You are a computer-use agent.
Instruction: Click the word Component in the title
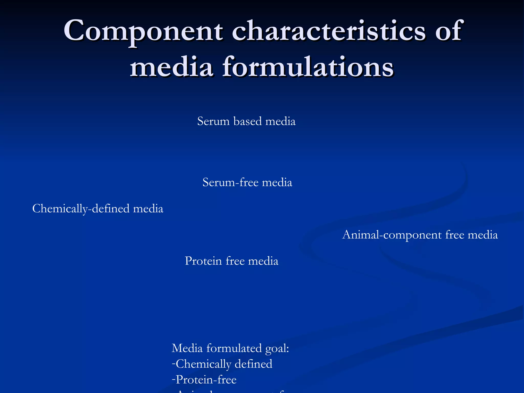(x=143, y=31)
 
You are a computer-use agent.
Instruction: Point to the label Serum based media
(x=246, y=121)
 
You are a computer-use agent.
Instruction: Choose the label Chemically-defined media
(x=98, y=209)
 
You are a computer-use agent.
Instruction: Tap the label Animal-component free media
(x=420, y=235)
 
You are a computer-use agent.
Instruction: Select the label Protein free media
(x=231, y=261)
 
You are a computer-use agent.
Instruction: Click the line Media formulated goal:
(x=230, y=348)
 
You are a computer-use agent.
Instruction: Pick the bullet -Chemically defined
(x=222, y=364)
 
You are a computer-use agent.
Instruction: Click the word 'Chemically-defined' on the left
(x=81, y=209)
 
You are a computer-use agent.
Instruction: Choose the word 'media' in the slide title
(x=171, y=67)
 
